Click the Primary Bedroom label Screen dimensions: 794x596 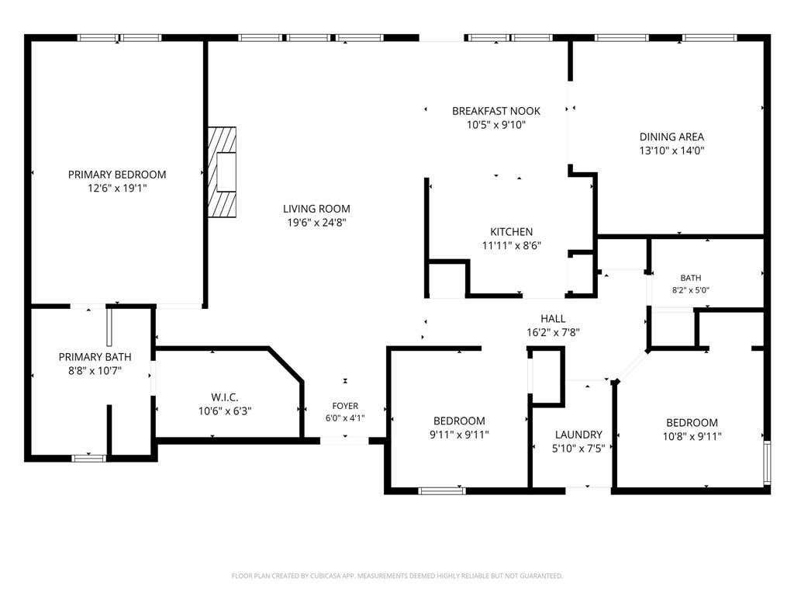click(117, 175)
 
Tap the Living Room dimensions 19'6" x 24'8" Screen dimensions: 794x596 click(316, 223)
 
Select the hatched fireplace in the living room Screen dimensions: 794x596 click(222, 172)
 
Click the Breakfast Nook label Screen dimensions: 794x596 click(496, 111)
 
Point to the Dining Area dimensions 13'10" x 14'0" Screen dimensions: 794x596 click(671, 151)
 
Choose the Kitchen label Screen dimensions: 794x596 click(512, 232)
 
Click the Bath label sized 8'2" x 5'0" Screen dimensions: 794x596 click(691, 278)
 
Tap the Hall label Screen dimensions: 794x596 click(553, 319)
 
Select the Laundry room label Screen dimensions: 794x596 click(578, 435)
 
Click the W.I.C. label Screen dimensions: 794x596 click(225, 397)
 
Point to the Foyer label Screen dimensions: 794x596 click(345, 406)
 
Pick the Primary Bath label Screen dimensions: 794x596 click(95, 357)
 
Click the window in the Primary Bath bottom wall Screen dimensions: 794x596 click(88, 459)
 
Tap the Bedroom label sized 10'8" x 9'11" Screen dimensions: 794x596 click(692, 423)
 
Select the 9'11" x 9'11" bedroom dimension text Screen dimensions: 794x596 click(459, 435)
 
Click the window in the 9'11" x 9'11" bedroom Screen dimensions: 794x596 click(441, 490)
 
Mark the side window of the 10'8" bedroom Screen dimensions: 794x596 click(767, 463)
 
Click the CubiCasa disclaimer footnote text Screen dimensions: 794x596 click(397, 576)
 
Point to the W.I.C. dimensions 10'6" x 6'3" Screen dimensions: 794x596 click(225, 411)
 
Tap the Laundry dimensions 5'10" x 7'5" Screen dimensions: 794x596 click(578, 449)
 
